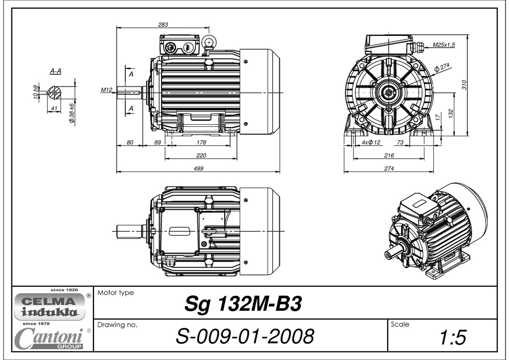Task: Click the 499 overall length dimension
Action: pos(198,169)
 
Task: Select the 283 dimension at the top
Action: pos(163,24)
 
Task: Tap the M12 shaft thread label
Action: pos(106,90)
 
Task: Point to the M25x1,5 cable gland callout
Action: pos(443,45)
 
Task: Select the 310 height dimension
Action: pos(464,85)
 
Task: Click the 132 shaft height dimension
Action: pos(451,113)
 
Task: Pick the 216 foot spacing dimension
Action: pos(389,156)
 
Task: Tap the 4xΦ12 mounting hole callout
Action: pos(370,143)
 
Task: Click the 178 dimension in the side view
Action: pos(201,143)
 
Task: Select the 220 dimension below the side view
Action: pos(201,156)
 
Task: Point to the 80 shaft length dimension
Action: pos(130,143)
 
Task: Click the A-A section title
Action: pos(56,71)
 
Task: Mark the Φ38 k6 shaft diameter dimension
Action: pos(72,113)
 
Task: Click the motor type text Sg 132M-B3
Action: pos(243,304)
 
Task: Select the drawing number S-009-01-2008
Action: pos(245,337)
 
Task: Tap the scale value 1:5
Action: pos(453,338)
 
